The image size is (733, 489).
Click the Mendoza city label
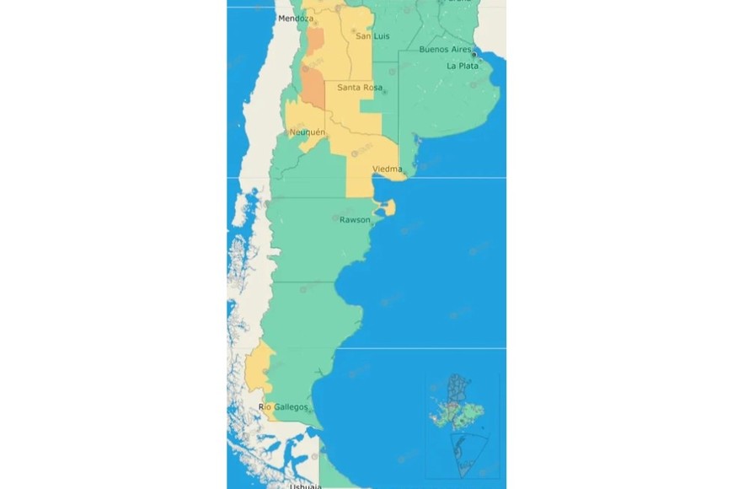click(x=296, y=19)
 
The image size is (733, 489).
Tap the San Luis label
click(x=372, y=36)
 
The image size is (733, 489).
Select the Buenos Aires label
click(x=445, y=50)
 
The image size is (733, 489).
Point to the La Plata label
click(x=463, y=66)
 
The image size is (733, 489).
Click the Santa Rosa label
click(x=359, y=88)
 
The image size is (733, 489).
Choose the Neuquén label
click(x=307, y=132)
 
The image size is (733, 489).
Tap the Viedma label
click(x=387, y=169)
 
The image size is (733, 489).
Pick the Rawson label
click(x=354, y=220)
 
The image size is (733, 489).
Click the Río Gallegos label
click(x=283, y=407)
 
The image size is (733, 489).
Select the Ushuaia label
click(x=304, y=486)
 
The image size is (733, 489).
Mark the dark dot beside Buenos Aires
click(x=474, y=53)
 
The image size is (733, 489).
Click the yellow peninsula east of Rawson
click(x=388, y=207)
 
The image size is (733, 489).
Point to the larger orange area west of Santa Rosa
click(x=311, y=87)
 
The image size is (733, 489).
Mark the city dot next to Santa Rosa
click(x=384, y=92)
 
